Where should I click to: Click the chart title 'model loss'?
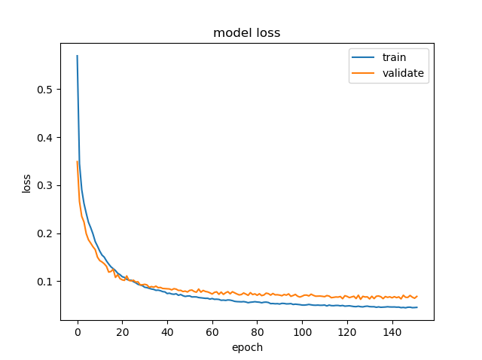[247, 32]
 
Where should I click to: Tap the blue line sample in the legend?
[361, 58]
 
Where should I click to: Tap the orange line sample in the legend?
[361, 73]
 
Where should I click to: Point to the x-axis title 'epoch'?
[247, 347]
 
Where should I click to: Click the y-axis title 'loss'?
[27, 182]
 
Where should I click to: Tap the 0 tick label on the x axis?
[77, 332]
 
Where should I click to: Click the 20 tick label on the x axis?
[122, 332]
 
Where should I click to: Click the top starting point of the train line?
[77, 56]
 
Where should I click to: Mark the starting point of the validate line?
[77, 162]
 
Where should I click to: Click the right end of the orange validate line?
[416, 296]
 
